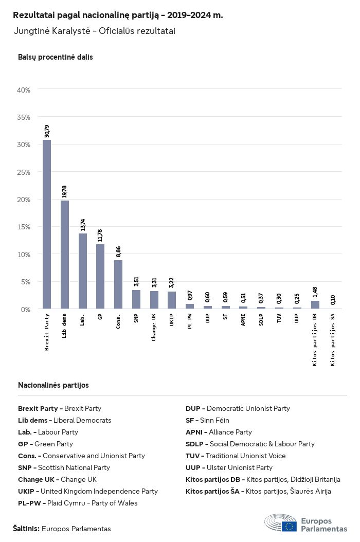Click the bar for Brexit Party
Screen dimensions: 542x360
(46, 224)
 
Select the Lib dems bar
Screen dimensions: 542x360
(65, 255)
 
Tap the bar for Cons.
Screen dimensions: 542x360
(118, 284)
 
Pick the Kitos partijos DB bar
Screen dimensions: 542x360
(315, 305)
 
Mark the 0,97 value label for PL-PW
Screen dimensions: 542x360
(190, 295)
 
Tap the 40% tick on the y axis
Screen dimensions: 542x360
(24, 90)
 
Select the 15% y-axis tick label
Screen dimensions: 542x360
(24, 227)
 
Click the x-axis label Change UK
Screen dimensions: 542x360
(154, 327)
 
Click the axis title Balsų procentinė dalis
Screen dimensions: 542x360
(56, 57)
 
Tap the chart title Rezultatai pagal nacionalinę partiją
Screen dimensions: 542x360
(118, 15)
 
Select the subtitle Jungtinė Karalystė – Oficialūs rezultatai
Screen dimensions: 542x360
(95, 31)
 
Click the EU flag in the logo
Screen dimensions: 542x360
(289, 526)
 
